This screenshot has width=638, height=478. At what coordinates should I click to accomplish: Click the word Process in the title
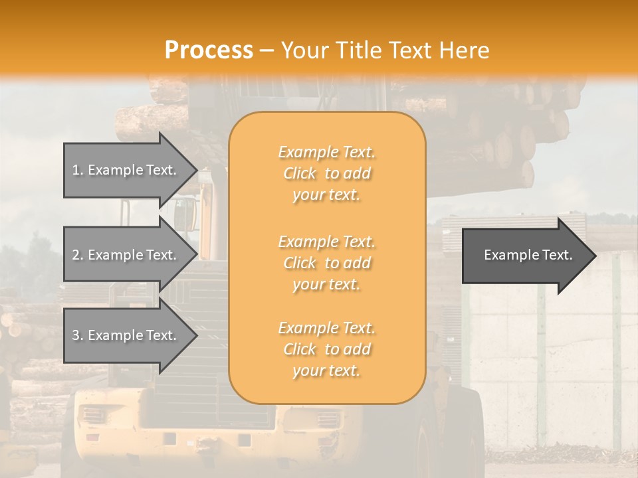coord(209,50)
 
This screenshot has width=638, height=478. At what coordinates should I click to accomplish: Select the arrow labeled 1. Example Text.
coord(126,170)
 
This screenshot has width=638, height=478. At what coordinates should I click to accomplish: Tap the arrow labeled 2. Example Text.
coord(126,255)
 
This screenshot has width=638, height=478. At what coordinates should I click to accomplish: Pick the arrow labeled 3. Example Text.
coord(126,335)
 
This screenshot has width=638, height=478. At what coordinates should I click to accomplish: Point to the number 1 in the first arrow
coord(75,170)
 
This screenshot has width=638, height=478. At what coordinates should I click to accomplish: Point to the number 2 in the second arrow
coord(76,255)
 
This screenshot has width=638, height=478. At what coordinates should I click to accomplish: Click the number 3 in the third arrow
coord(76,335)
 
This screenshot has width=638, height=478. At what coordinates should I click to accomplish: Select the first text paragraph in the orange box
coord(326,173)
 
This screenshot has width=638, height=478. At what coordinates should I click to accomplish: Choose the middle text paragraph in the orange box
coord(326,263)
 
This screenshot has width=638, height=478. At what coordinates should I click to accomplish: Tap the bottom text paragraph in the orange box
coord(326,349)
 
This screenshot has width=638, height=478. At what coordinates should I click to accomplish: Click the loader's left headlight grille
coord(93,416)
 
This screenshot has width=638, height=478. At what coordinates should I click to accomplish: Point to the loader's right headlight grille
coord(328,419)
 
